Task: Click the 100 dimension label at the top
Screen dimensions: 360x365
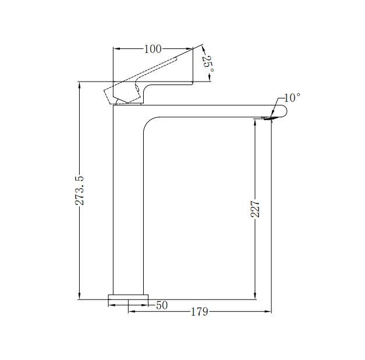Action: pos(152,49)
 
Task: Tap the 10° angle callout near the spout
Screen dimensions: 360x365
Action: pos(292,97)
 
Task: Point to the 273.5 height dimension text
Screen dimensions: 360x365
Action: pos(80,190)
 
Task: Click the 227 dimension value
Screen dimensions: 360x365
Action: pos(255,209)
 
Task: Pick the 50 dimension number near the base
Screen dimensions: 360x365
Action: pos(162,305)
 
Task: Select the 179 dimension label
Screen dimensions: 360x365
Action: pos(199,312)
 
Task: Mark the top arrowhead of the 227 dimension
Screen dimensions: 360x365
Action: pos(255,122)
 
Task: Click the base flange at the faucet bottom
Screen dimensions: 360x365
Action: pos(128,300)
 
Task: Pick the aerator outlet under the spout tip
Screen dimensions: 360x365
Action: pos(269,119)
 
